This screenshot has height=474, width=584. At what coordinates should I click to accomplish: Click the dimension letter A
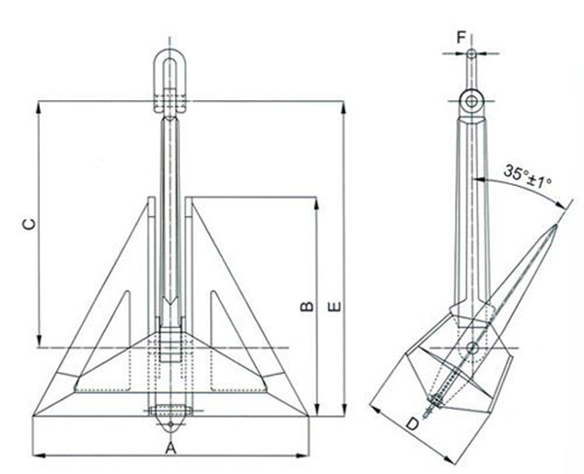pos(170,448)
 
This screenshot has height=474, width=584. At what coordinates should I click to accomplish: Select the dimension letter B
pos(305,308)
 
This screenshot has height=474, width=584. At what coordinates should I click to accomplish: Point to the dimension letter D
pos(413,423)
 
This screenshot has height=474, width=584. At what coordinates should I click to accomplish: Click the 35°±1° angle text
pos(528,175)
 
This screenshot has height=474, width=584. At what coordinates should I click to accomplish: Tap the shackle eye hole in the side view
pos(471,100)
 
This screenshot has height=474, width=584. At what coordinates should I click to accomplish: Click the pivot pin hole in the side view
pos(472,347)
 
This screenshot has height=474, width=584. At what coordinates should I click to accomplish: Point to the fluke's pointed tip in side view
pos(556,225)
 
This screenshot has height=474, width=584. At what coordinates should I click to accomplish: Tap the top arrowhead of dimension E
pos(344,103)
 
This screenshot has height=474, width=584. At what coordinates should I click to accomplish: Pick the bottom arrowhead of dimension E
pos(344,413)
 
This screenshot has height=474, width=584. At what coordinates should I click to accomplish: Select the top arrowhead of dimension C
pos(40,105)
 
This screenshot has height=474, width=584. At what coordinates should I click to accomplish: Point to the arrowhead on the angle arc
pos(563,205)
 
